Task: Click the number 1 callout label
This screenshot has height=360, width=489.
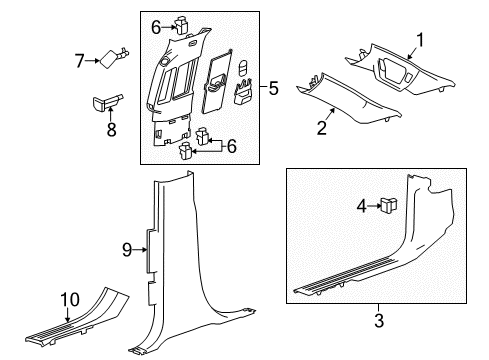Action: point(420,41)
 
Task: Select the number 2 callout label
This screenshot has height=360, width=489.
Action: point(323,128)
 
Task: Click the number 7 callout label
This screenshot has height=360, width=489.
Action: point(81,63)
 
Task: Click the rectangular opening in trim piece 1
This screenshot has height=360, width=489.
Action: point(396,73)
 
